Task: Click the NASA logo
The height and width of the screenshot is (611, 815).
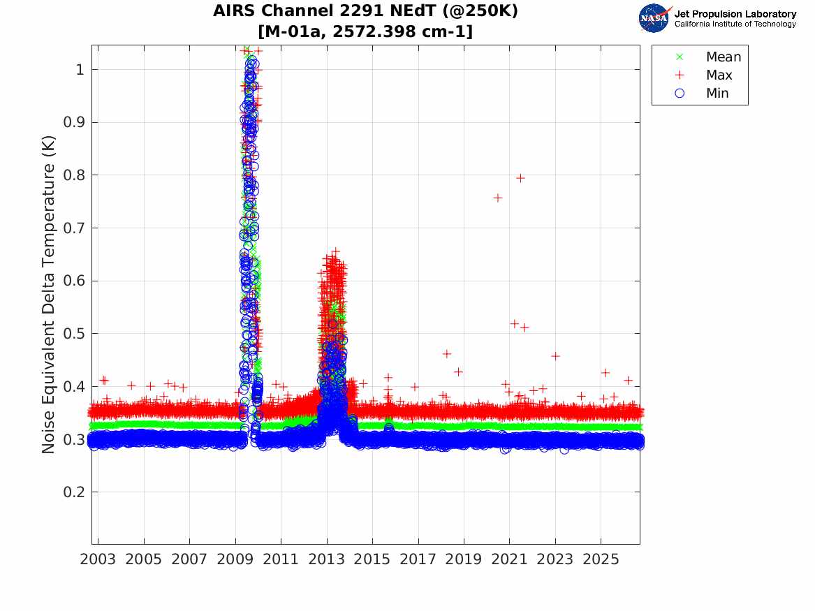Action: tap(654, 18)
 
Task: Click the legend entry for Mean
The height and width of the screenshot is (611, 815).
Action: tap(710, 57)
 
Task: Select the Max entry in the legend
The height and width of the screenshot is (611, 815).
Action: tap(704, 75)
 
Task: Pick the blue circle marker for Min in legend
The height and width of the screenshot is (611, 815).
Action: tap(680, 93)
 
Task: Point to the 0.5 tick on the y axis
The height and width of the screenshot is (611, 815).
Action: tap(74, 333)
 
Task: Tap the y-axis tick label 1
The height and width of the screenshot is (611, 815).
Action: tap(80, 69)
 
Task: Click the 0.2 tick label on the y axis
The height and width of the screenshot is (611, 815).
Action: tap(74, 492)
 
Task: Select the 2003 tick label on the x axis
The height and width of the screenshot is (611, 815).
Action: tap(98, 559)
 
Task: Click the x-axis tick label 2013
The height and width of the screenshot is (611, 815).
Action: tap(326, 559)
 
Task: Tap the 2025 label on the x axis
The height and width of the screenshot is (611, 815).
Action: tap(601, 559)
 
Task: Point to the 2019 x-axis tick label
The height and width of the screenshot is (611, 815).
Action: tap(464, 559)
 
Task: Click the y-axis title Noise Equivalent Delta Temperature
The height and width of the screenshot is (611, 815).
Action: tap(48, 295)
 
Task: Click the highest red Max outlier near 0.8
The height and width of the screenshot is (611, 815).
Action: tap(520, 178)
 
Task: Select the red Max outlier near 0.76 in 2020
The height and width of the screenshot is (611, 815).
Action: tap(497, 198)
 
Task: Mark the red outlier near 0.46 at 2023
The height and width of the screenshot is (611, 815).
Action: tap(555, 356)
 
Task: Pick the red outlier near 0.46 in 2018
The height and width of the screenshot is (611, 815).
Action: tap(446, 354)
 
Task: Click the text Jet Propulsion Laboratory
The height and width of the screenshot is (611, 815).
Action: tap(735, 14)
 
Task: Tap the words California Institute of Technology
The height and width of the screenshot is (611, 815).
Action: tap(735, 24)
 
